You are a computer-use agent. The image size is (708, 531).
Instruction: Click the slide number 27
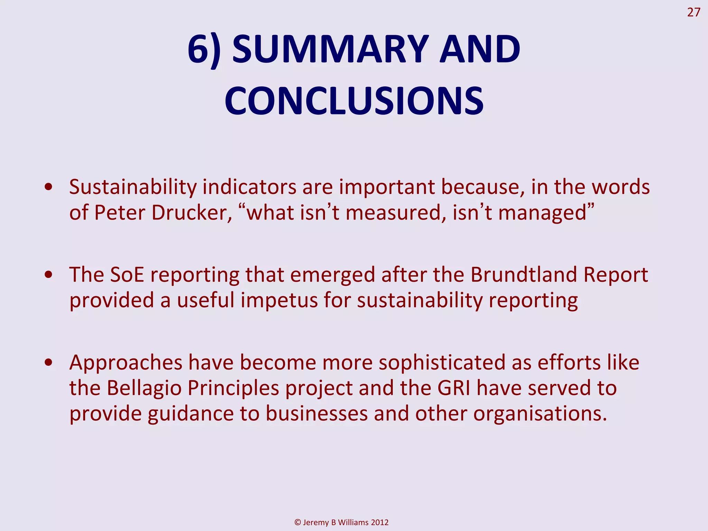(x=693, y=12)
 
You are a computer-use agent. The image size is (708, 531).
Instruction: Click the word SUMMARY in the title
(x=330, y=49)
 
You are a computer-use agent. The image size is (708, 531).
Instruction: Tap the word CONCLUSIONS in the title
(x=354, y=101)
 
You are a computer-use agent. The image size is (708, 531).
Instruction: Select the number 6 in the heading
(x=199, y=49)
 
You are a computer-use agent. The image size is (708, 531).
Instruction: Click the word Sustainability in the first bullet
(x=133, y=187)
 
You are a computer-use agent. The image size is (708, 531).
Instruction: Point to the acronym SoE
(x=127, y=275)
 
